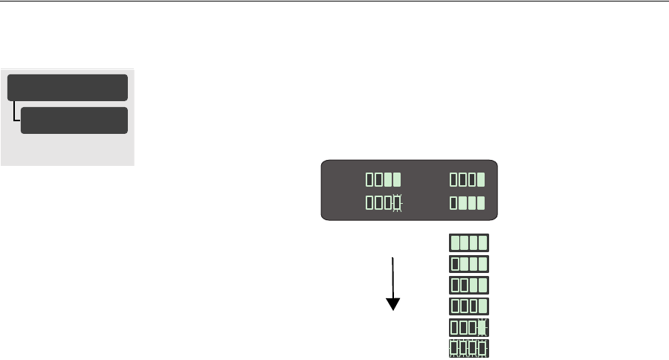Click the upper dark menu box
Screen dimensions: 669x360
[68, 87]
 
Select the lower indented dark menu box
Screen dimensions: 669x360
[74, 120]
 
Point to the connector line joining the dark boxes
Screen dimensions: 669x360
[15, 114]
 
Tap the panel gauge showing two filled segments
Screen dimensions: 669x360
[384, 179]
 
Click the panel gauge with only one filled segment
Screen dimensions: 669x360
[468, 179]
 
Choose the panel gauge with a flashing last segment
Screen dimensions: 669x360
[384, 203]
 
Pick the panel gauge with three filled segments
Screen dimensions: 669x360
[468, 203]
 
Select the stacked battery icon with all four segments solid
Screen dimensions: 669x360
[469, 242]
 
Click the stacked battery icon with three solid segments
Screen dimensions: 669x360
[469, 263]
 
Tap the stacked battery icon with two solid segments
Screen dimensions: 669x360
[469, 285]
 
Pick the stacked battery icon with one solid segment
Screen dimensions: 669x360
[469, 306]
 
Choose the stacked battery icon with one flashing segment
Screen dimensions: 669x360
[469, 327]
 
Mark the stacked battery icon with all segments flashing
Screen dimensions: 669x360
[469, 347]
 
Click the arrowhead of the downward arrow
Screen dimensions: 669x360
[392, 303]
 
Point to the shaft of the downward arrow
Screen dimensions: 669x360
[392, 275]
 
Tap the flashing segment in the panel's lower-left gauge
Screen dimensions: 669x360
[397, 203]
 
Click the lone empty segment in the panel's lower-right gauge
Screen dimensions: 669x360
[454, 203]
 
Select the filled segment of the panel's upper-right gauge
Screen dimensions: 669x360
[481, 179]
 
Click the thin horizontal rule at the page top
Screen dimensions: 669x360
[334, 1]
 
